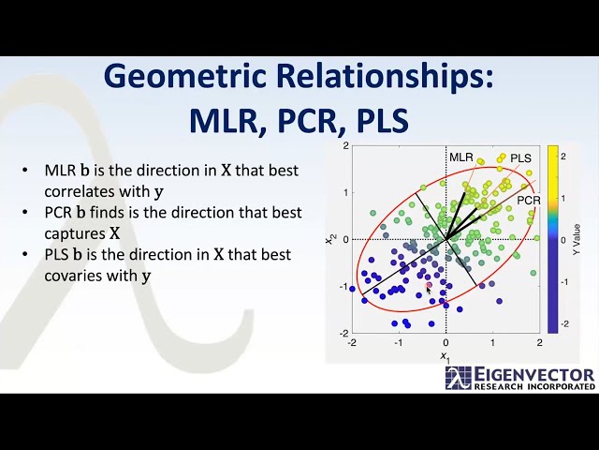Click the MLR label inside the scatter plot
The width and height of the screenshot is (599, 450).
coord(461,157)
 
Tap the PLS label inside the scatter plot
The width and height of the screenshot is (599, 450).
coord(520,158)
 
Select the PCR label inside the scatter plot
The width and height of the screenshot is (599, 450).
coord(529,201)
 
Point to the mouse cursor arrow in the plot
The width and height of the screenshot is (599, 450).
coord(430,290)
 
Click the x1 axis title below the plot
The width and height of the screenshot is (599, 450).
coord(446,357)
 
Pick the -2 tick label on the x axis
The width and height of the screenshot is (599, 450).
coord(352,343)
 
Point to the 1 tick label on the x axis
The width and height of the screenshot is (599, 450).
coord(492,343)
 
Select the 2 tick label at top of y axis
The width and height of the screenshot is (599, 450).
coord(345,146)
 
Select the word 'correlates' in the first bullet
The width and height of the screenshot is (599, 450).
coord(81,192)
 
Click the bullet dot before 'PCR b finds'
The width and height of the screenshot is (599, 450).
coord(24,214)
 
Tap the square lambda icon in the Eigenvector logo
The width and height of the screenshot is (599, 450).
coord(459,379)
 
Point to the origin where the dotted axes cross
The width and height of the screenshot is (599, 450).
coord(446,240)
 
